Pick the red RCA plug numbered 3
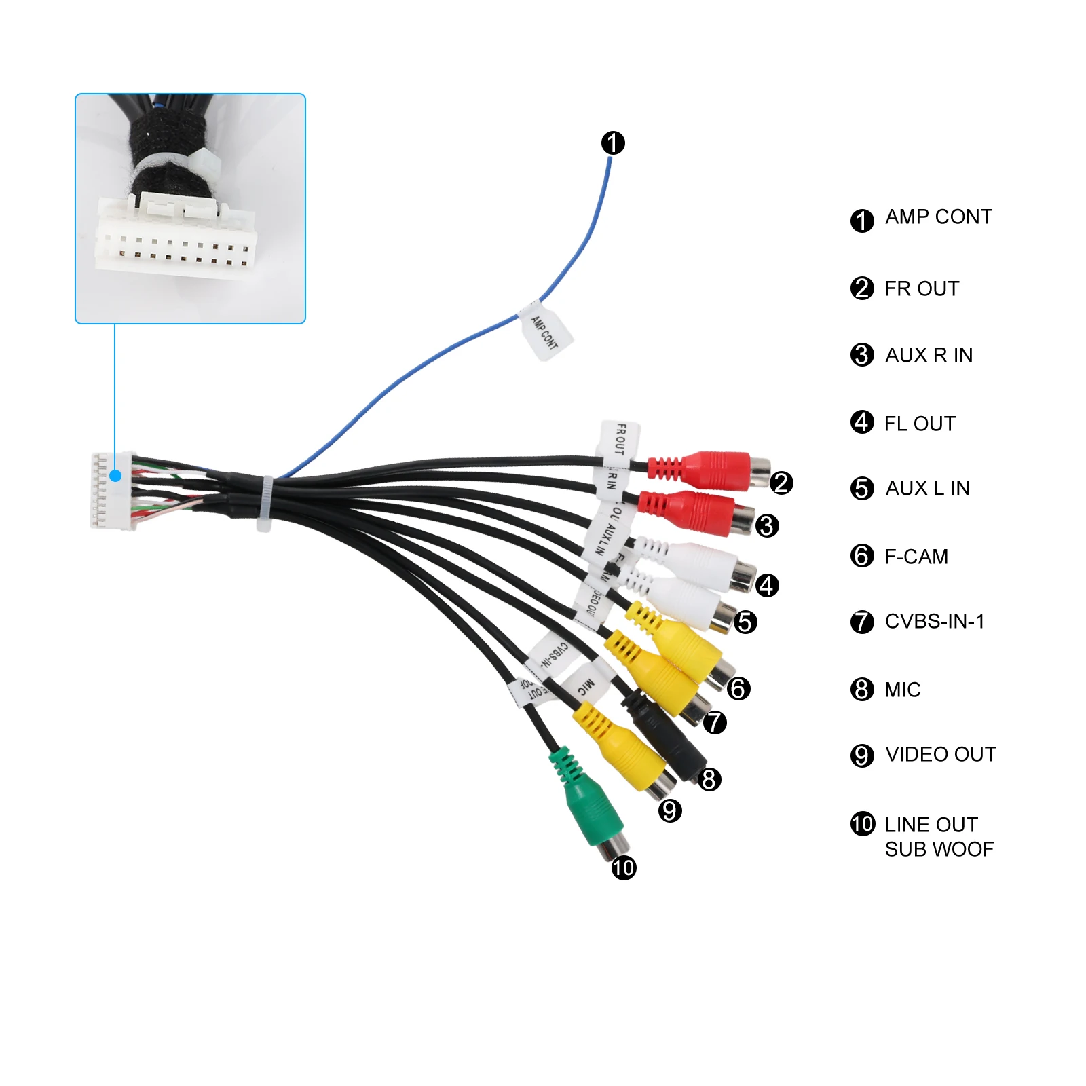699,512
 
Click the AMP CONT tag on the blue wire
545,332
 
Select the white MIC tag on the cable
585,686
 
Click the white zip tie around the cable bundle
265,504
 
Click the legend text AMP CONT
938,217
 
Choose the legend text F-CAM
916,557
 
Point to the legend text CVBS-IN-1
934,621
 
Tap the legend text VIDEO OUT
940,754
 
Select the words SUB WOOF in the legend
939,849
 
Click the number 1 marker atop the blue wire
613,143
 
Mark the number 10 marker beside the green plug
624,867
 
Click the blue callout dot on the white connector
115,476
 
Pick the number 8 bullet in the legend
862,690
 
